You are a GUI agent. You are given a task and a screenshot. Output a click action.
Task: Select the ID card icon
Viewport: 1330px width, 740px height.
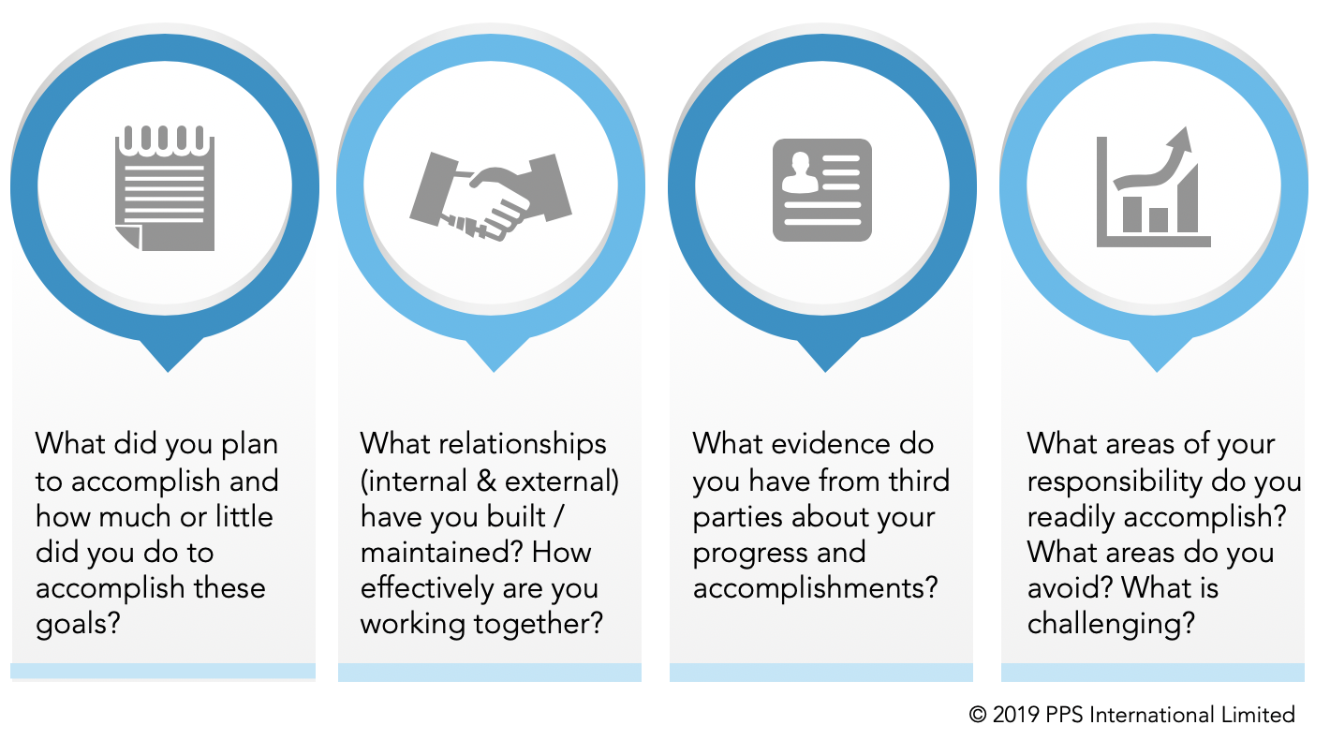pos(821,189)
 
